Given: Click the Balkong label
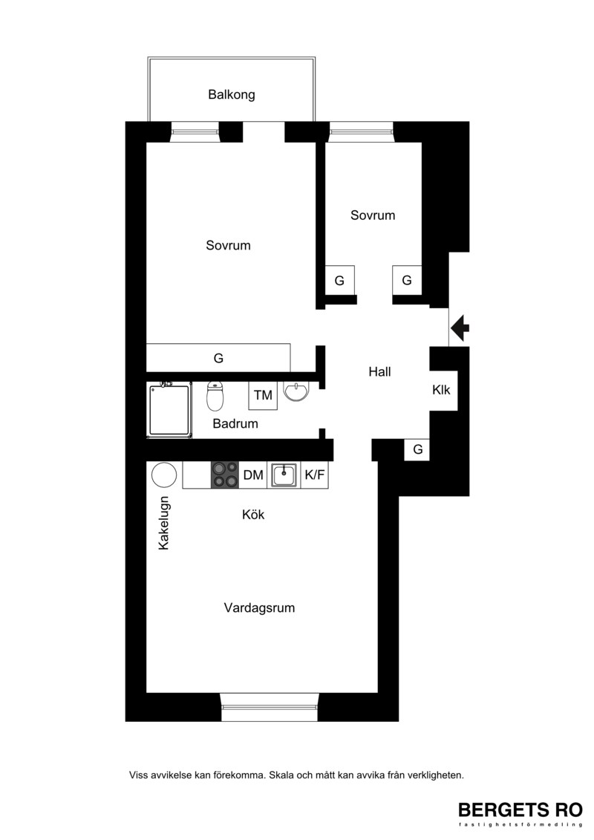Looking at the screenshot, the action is (x=232, y=95).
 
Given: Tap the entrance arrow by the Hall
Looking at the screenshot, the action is (x=460, y=328).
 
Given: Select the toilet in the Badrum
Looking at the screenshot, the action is (x=215, y=395).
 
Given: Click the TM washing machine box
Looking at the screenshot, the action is (x=263, y=395).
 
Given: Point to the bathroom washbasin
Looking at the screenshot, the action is (x=296, y=391).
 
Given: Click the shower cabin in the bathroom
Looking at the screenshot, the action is (x=169, y=410).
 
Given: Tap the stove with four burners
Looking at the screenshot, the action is (x=225, y=475).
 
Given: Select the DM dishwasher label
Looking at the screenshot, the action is (x=252, y=475).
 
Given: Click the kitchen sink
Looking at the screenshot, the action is (x=284, y=475).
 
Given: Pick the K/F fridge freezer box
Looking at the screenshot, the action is (x=314, y=475).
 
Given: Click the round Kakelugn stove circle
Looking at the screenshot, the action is (x=164, y=475).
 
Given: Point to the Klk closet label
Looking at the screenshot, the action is (x=441, y=390).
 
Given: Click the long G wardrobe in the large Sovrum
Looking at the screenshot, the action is (x=218, y=358).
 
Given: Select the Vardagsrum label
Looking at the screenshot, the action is (x=259, y=608).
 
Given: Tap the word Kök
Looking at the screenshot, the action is (x=253, y=515).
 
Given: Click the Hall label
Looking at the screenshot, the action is (x=379, y=372).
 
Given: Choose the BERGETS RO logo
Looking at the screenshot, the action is (x=520, y=813).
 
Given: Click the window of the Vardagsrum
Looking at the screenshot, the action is (x=270, y=707).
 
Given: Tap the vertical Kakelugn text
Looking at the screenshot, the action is (x=164, y=523).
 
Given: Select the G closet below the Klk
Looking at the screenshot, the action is (x=418, y=449).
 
